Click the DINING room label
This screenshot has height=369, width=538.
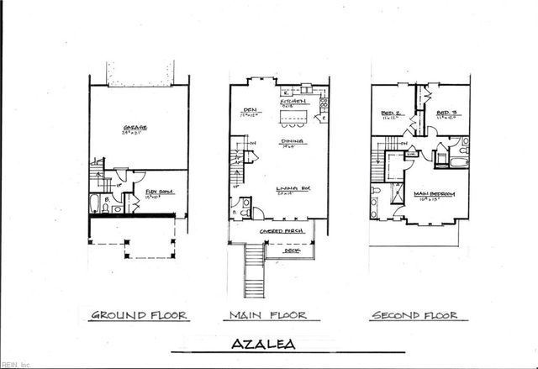[x=292, y=141]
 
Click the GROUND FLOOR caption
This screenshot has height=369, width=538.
[x=139, y=315]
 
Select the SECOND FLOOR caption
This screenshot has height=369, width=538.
[x=415, y=315]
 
